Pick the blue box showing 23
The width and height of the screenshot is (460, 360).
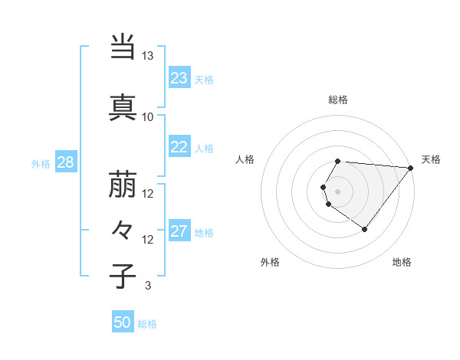pyautogui.click(x=179, y=78)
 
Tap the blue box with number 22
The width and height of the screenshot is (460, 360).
pyautogui.click(x=179, y=148)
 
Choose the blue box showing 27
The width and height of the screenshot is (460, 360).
pyautogui.click(x=179, y=232)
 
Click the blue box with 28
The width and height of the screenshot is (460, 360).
pyautogui.click(x=64, y=162)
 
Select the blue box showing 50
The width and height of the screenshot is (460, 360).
pyautogui.click(x=123, y=322)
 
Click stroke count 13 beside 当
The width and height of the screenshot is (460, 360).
pyautogui.click(x=147, y=57)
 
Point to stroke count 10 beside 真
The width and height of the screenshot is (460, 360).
pyautogui.click(x=147, y=116)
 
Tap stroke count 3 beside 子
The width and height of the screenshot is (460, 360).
pyautogui.click(x=147, y=286)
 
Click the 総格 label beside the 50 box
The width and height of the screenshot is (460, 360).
pyautogui.click(x=147, y=324)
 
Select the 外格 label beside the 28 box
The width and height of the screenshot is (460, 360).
pyautogui.click(x=41, y=163)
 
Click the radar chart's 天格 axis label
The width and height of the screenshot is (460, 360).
pyautogui.click(x=431, y=159)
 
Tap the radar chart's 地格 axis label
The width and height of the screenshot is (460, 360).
pyautogui.click(x=402, y=262)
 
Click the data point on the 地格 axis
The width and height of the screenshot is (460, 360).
pyautogui.click(x=364, y=229)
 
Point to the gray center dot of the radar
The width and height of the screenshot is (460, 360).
pyautogui.click(x=337, y=191)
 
